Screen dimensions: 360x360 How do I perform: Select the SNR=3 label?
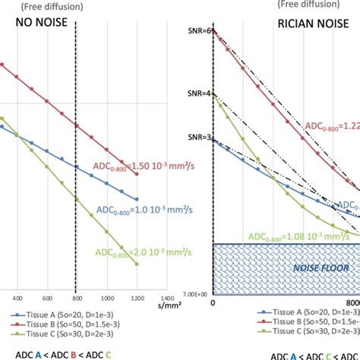pyautogui.click(x=197, y=139)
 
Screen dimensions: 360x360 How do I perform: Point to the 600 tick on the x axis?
pyautogui.click(x=46, y=298)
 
